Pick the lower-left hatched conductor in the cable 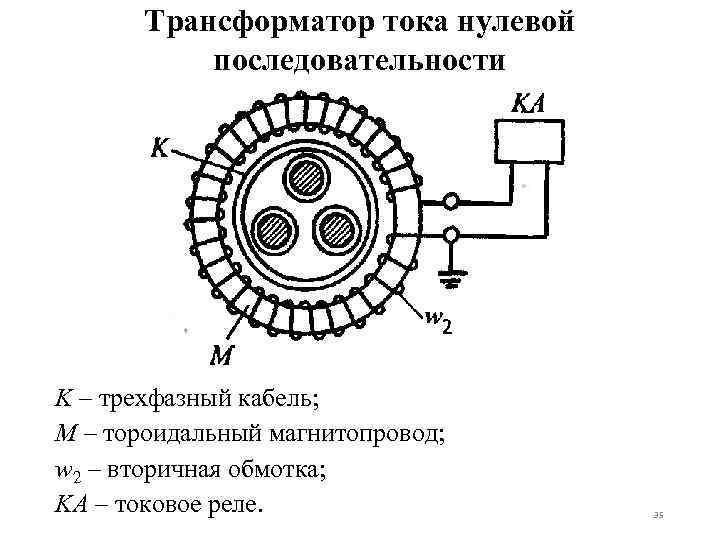[x=269, y=231]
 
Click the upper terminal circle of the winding [x=451, y=202]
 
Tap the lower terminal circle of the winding [x=451, y=236]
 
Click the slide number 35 [x=657, y=515]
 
